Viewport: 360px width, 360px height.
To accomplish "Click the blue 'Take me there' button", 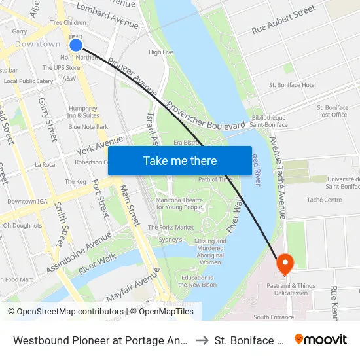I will [180, 160].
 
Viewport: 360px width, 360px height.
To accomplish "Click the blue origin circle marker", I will [76, 45].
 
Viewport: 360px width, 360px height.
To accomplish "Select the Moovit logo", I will [321, 339].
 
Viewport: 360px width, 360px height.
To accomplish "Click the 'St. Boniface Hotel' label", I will [293, 85].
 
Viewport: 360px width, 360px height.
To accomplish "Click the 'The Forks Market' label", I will [170, 227].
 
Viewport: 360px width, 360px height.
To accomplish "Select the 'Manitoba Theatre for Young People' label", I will [179, 203].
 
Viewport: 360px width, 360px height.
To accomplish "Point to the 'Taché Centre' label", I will [324, 200].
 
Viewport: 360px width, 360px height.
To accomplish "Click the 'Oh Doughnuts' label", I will [22, 225].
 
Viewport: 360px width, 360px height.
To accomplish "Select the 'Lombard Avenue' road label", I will [107, 16].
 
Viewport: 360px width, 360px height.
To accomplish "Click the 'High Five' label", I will [160, 52].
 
